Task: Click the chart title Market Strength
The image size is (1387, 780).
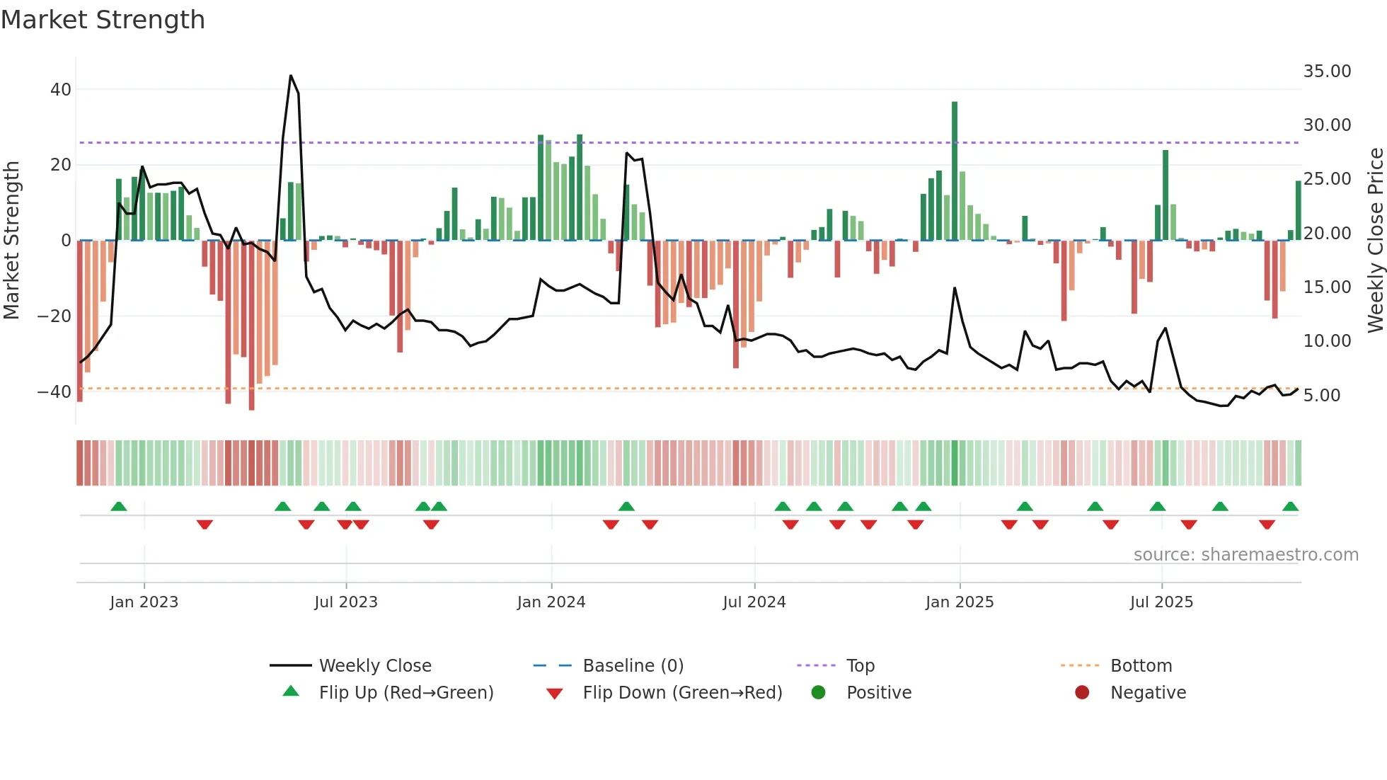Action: [103, 20]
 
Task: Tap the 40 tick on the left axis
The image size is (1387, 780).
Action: [61, 90]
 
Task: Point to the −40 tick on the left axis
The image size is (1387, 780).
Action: [54, 391]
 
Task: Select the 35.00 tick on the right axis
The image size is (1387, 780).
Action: [1327, 71]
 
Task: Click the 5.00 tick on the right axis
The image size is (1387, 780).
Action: [1321, 396]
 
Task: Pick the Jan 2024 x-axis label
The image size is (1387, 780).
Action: [551, 602]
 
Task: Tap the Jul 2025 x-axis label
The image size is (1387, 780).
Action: [1161, 602]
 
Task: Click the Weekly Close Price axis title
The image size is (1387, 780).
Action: [1375, 240]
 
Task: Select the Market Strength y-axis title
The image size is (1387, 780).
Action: [12, 240]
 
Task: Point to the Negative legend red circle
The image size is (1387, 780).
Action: [1082, 692]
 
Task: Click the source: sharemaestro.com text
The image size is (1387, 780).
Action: [1245, 555]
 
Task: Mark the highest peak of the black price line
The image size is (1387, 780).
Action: [291, 76]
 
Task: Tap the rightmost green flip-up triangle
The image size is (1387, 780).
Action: [1290, 507]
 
